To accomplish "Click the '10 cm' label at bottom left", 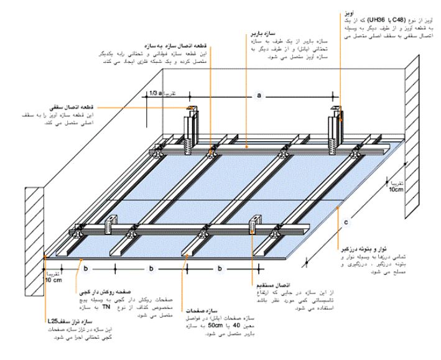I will click(x=52, y=279).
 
